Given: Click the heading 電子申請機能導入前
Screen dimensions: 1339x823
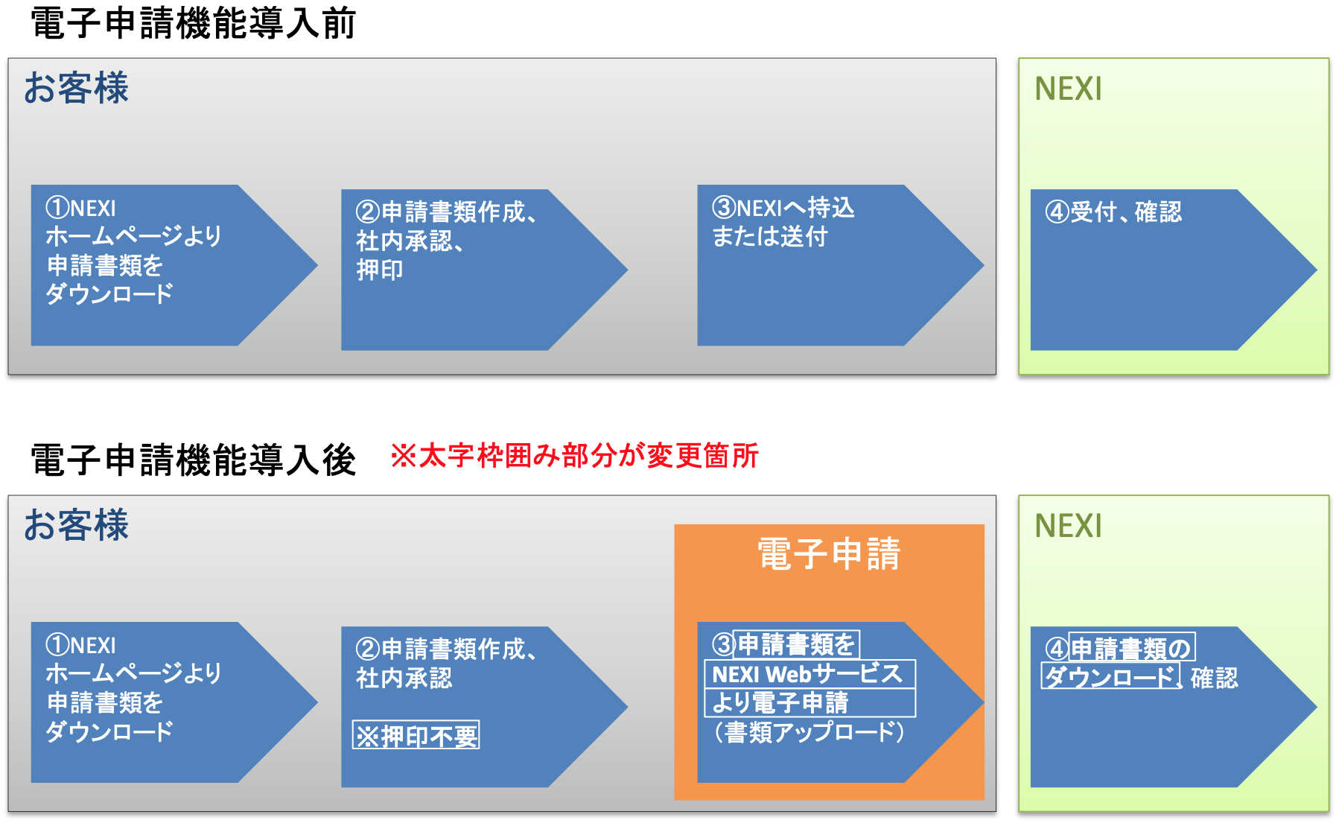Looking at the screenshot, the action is coord(194,23).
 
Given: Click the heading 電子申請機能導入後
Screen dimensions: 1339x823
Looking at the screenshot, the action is coord(194,460).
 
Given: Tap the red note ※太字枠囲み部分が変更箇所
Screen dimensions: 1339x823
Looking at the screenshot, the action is coord(574,456).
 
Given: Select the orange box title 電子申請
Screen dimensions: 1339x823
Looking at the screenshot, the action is coord(829,554).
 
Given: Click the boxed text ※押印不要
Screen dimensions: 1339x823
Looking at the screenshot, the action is coord(416,736).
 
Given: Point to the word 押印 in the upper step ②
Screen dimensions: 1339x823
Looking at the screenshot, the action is coord(380,270).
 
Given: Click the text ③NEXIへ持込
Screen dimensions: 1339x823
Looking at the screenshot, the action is coord(783,208).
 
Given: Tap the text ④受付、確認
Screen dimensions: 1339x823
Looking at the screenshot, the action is coord(1113,212).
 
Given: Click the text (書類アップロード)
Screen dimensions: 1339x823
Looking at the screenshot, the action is coord(809,731).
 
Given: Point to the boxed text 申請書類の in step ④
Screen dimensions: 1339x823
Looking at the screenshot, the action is coord(1131,648).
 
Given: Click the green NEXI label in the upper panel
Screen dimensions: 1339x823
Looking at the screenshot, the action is coord(1068,89).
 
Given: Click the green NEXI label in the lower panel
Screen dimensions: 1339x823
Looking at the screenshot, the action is coord(1068,527).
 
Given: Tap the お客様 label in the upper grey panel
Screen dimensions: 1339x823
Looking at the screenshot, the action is coord(76,88).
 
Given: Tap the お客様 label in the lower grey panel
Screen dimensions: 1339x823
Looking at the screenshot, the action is coord(76,525).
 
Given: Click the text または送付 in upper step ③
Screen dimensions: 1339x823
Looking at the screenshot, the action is coord(770,237).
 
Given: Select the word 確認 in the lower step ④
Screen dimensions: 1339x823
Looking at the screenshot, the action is coord(1214,678).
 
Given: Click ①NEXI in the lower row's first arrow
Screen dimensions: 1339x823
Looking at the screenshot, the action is coord(81,645).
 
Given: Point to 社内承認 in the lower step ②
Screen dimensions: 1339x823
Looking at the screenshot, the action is coord(404,678).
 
